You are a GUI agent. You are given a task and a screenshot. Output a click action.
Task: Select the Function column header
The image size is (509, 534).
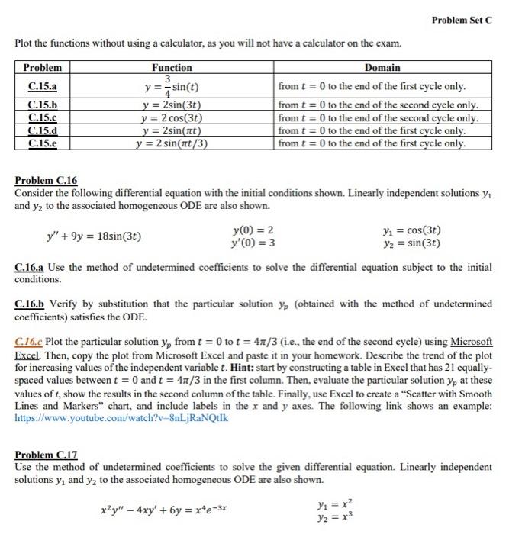tap(172, 68)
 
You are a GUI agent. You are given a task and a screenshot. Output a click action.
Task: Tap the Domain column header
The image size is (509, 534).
tap(382, 68)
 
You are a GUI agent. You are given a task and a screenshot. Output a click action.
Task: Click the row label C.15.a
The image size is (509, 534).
tap(42, 86)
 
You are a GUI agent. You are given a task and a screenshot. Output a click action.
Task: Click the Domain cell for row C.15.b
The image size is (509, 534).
tap(378, 105)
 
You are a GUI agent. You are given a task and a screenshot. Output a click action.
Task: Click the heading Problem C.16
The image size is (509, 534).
tap(47, 181)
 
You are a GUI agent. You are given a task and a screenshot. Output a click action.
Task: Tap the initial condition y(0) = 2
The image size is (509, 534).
tap(252, 230)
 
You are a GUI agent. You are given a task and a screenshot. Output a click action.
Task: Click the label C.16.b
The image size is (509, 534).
tap(32, 304)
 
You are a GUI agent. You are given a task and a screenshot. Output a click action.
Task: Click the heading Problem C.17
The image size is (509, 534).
tap(47, 455)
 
